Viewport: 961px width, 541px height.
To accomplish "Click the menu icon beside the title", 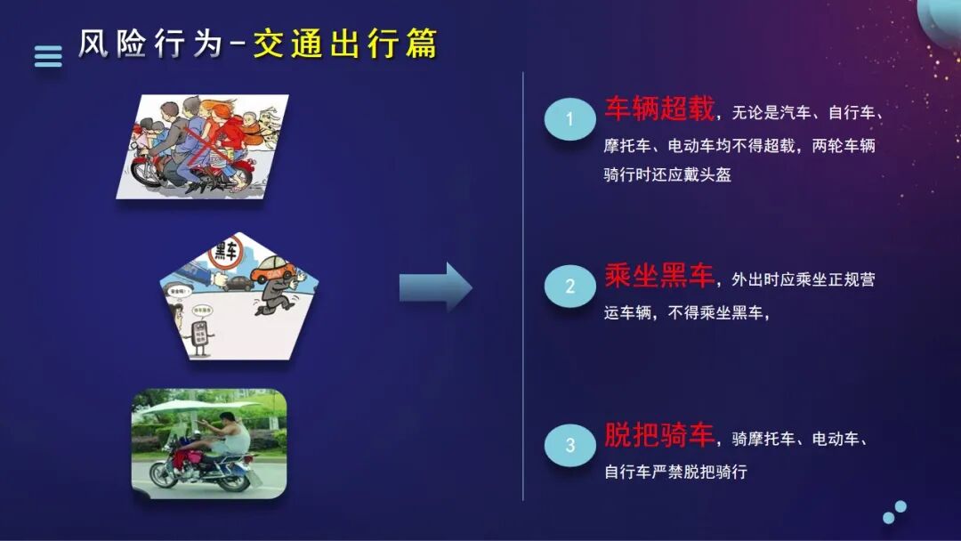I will click(48, 56).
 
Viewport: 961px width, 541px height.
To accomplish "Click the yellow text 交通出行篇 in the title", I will click(345, 44).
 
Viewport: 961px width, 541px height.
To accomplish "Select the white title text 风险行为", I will click(149, 44).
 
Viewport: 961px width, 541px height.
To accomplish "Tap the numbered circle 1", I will click(569, 119).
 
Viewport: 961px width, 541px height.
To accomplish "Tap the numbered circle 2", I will click(569, 287).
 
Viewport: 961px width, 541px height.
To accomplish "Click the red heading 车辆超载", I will click(659, 109).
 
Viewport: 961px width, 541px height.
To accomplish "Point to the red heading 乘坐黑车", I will click(659, 277).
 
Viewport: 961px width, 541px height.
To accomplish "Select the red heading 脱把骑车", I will click(659, 436).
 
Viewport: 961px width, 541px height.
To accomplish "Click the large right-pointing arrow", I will click(435, 287).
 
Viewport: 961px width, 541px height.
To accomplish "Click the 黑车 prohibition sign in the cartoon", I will click(225, 255).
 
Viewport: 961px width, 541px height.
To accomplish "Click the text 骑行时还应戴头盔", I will click(667, 175).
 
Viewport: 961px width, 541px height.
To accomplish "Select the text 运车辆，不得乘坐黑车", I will click(685, 313).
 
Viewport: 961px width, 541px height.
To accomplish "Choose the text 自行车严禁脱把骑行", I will click(675, 472).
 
